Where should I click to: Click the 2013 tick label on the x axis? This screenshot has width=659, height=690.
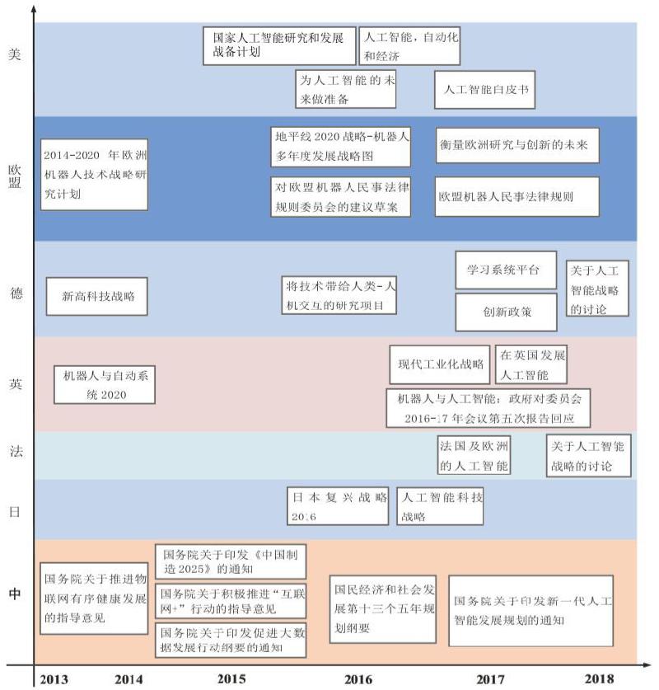pos(54,679)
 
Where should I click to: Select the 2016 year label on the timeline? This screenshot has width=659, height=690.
pos(358,679)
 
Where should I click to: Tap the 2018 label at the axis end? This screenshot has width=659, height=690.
pos(599,678)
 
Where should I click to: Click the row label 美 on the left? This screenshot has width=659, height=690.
pos(15,54)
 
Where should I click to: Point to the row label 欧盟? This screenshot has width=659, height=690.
pos(15,176)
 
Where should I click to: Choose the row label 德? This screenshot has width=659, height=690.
pos(16,293)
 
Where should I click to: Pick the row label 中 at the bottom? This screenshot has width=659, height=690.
pos(15,594)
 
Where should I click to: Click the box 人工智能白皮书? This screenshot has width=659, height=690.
pos(484,90)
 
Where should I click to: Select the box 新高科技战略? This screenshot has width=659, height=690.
pos(96,296)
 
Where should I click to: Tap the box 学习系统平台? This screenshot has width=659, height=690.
pos(506,270)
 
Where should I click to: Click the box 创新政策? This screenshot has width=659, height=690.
pos(506,312)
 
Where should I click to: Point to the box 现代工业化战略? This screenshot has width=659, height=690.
pos(440,364)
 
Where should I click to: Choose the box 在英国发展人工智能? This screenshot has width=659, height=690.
pos(531,364)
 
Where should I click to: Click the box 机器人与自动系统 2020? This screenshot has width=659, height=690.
pos(105,385)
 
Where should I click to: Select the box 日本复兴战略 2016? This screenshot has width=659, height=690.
pos(338,506)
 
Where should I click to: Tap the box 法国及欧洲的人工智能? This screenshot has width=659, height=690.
pos(474,455)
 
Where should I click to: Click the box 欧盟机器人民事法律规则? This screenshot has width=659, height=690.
pos(517,197)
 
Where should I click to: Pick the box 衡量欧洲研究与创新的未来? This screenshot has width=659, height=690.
pos(517,146)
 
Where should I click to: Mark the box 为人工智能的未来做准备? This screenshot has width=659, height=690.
pos(345,89)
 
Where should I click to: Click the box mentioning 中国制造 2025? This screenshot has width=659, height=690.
pos(231,561)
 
